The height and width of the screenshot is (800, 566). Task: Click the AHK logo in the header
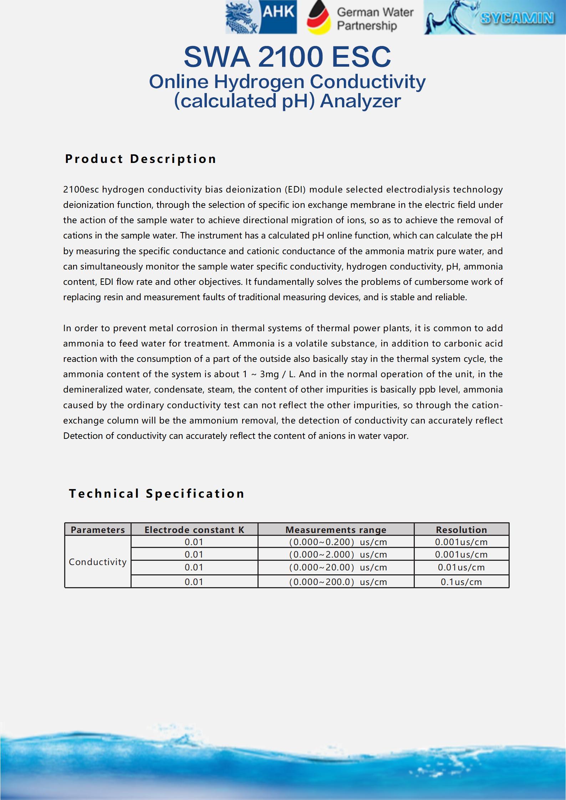(261, 17)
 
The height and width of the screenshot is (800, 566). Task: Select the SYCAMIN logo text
(517, 18)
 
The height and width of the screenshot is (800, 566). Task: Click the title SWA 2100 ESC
(287, 57)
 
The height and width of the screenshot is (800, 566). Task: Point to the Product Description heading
(141, 159)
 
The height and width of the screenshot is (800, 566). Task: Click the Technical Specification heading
(157, 493)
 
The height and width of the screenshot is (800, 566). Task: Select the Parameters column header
(98, 530)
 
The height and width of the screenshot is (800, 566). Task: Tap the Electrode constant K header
(194, 530)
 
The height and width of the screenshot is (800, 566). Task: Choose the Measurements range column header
(336, 530)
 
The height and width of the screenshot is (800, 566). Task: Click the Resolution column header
(461, 530)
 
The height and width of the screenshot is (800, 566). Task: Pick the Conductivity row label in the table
(98, 562)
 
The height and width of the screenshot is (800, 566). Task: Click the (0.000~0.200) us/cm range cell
(337, 542)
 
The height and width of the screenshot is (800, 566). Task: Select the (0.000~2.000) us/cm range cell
(337, 555)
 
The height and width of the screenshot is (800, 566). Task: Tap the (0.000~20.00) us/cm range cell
(337, 568)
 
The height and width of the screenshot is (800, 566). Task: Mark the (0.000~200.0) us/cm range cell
(337, 582)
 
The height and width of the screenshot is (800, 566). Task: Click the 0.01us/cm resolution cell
(461, 568)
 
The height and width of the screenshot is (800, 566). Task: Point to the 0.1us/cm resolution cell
(461, 582)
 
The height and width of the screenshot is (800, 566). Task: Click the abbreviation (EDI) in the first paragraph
(295, 189)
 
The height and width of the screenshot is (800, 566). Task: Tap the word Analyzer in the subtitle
(360, 101)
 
